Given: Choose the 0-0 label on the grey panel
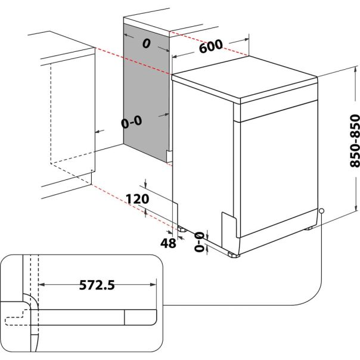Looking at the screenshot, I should tap(131, 123).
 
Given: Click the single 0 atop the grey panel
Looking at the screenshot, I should tap(145, 43).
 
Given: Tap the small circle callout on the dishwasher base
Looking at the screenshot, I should tap(321, 210).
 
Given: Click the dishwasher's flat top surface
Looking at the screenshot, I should tap(244, 77).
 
